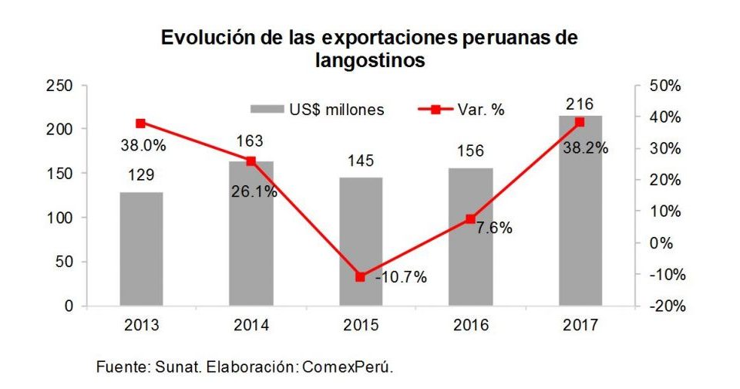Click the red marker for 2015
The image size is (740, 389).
click(361, 276)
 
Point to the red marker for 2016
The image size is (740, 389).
click(470, 219)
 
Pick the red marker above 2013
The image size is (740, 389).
click(141, 123)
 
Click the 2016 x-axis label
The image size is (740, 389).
click(470, 325)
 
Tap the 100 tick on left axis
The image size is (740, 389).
click(60, 218)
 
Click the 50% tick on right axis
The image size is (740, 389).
click(664, 86)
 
